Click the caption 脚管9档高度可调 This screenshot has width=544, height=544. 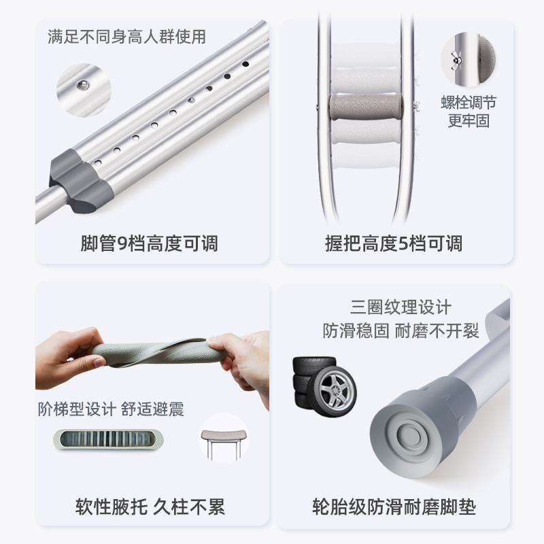tap(150, 243)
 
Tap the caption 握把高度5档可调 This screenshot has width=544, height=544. tap(394, 243)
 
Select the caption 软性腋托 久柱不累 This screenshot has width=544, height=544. tap(150, 507)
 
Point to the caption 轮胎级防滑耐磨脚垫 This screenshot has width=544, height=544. tap(394, 507)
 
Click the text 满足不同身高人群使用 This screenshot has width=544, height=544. tap(126, 36)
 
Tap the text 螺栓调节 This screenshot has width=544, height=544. tap(469, 103)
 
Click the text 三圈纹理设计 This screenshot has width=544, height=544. tap(401, 307)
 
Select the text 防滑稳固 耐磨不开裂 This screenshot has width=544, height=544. tap(401, 330)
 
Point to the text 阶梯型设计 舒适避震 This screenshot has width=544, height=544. tap(111, 409)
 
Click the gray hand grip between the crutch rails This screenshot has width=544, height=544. tap(366, 107)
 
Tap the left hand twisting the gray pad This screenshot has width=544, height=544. tap(68, 357)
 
